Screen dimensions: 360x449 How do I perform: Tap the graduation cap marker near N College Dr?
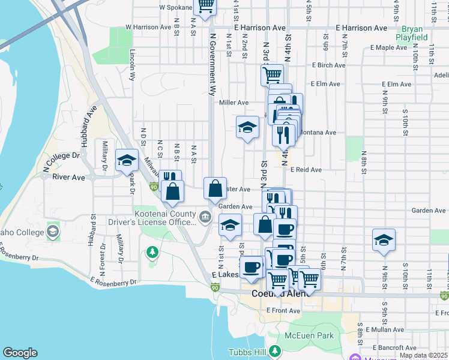coord(127,160)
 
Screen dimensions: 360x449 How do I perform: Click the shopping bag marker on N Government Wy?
coord(215,189)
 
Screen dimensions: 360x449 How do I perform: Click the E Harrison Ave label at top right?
coord(361,28)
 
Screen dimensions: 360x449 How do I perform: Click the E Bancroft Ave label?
coord(395,348)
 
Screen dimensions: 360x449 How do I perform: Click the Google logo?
coord(20,353)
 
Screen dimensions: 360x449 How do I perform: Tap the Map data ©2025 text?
coord(423,355)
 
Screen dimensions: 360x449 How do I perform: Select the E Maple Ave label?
coord(390,47)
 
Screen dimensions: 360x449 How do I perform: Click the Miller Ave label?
coord(234,103)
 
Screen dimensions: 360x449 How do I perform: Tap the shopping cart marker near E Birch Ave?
coord(272,75)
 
